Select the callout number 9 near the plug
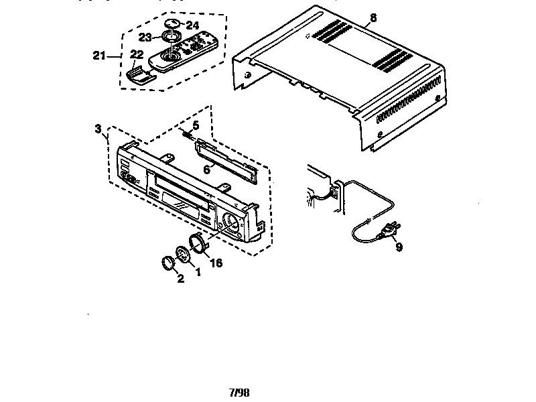tap(399, 247)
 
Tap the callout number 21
tap(100, 56)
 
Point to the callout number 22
tap(137, 54)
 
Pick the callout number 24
tap(193, 23)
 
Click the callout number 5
tap(196, 125)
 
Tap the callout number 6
tap(207, 170)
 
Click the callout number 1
tap(198, 271)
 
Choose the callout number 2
tap(180, 279)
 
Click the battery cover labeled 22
tap(139, 72)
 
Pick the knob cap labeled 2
tap(168, 262)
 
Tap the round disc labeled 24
tap(174, 23)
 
